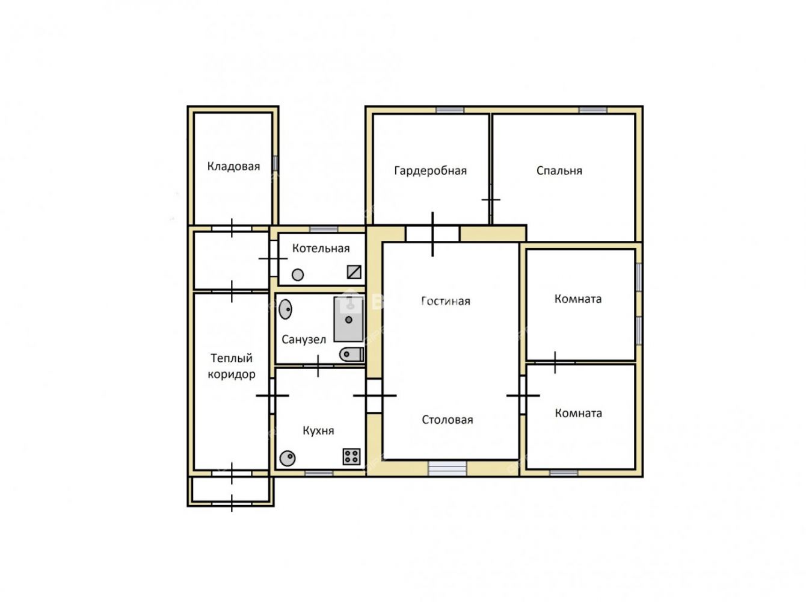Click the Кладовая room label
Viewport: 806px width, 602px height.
(233, 166)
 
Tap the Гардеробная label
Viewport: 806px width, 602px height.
(430, 170)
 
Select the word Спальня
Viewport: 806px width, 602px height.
(559, 170)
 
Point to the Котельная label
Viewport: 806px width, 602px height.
(321, 248)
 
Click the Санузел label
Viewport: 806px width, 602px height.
(304, 339)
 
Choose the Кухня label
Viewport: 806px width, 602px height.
(318, 430)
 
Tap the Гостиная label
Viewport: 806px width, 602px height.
(445, 301)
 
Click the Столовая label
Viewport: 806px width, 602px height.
(448, 420)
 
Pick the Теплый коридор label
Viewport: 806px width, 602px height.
(232, 366)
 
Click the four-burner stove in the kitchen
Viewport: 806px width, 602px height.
(351, 456)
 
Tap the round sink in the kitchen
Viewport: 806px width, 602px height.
(287, 458)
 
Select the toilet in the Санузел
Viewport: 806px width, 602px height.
(351, 355)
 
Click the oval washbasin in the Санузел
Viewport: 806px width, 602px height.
(285, 309)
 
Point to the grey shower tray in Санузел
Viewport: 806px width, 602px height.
(348, 320)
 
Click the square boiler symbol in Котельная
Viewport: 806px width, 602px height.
(354, 272)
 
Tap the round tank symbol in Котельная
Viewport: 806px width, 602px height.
(297, 275)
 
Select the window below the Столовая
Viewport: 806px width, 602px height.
(448, 468)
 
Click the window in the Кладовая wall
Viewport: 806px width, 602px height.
(275, 163)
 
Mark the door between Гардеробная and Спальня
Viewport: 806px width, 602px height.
(491, 200)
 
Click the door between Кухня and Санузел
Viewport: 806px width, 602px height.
(318, 366)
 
